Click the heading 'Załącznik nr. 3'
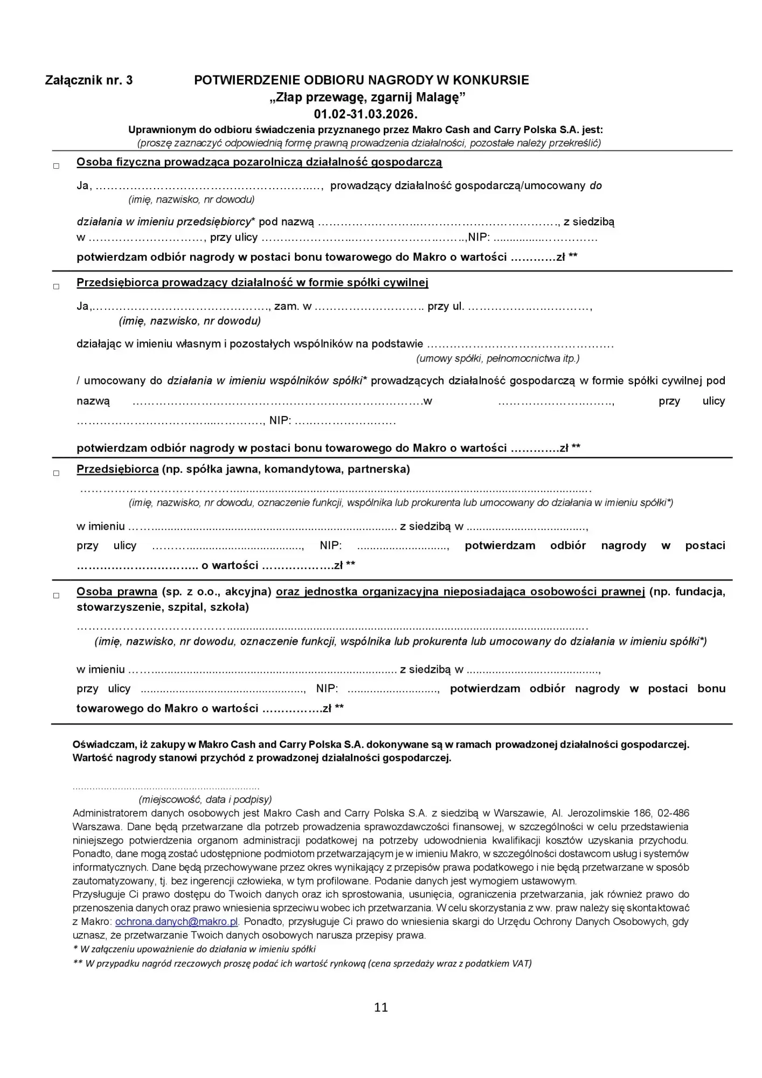coord(89,81)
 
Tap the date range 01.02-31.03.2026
coord(366,114)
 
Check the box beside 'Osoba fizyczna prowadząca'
coord(56,166)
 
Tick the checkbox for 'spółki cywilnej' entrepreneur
coord(56,287)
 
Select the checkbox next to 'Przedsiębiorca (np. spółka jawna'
coord(56,473)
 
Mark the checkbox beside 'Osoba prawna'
coord(56,596)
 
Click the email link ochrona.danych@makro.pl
coord(177,922)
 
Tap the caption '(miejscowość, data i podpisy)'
coord(205,799)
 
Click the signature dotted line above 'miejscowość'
coord(166,787)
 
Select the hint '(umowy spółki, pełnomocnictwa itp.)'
coord(498,358)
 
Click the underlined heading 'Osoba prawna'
coord(117,592)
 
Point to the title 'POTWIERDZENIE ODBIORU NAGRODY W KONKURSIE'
coord(361,81)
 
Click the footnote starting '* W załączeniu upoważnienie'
coord(194,949)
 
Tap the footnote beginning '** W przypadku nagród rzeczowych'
coord(302,963)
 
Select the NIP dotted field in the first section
coord(545,238)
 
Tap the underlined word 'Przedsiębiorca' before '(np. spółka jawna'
coord(117,469)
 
